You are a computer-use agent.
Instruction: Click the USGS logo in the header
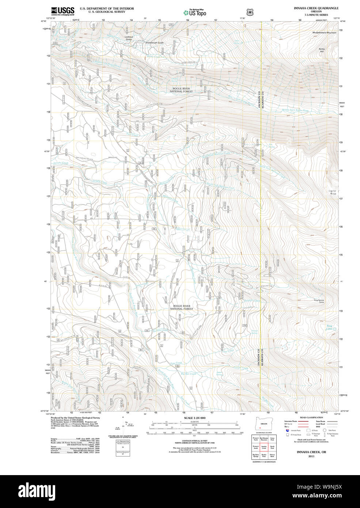click(62, 11)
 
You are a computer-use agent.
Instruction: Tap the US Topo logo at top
click(195, 12)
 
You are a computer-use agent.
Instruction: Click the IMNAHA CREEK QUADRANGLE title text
click(316, 8)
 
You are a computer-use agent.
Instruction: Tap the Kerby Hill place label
click(322, 50)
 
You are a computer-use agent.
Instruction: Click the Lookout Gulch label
click(129, 38)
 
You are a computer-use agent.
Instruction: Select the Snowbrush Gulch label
click(154, 43)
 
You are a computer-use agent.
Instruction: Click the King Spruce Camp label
click(319, 301)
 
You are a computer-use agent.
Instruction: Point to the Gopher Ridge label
click(332, 192)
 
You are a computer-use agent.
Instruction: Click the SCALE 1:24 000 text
click(194, 418)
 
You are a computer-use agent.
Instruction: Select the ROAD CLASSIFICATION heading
click(311, 417)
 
